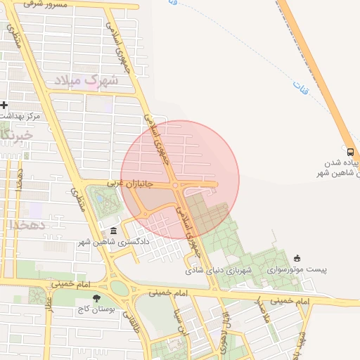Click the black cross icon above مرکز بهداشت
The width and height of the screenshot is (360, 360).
5,105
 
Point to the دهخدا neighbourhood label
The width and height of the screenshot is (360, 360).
28,224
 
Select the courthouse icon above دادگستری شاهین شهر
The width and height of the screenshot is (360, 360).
114,231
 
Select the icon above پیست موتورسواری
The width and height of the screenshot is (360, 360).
297,258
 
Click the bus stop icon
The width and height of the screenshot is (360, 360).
350,151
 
